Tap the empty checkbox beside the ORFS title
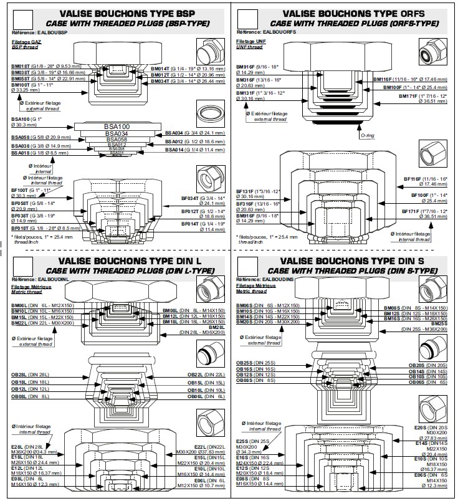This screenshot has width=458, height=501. pos(247,18)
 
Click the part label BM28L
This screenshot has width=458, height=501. pos(217,327)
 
